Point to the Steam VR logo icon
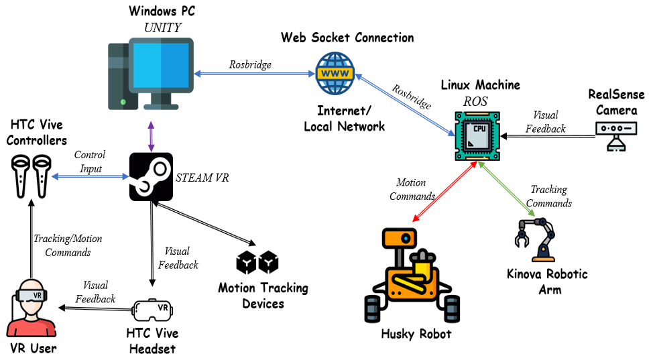[x=151, y=176]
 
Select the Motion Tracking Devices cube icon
[x=257, y=262]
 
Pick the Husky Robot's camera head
[x=400, y=238]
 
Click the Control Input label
[x=89, y=162]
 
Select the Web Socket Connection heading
[x=347, y=37]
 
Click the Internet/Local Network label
[x=344, y=119]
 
